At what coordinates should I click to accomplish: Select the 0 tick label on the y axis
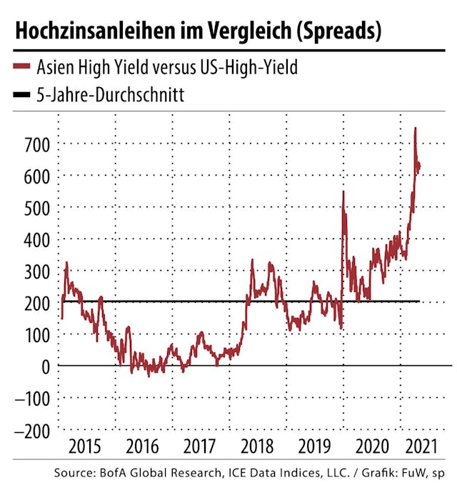46,366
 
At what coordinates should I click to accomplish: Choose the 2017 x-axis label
200,447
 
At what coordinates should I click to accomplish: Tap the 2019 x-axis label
313,447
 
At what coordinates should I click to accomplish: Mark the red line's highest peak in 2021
416,129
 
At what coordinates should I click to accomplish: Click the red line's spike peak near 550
343,191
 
